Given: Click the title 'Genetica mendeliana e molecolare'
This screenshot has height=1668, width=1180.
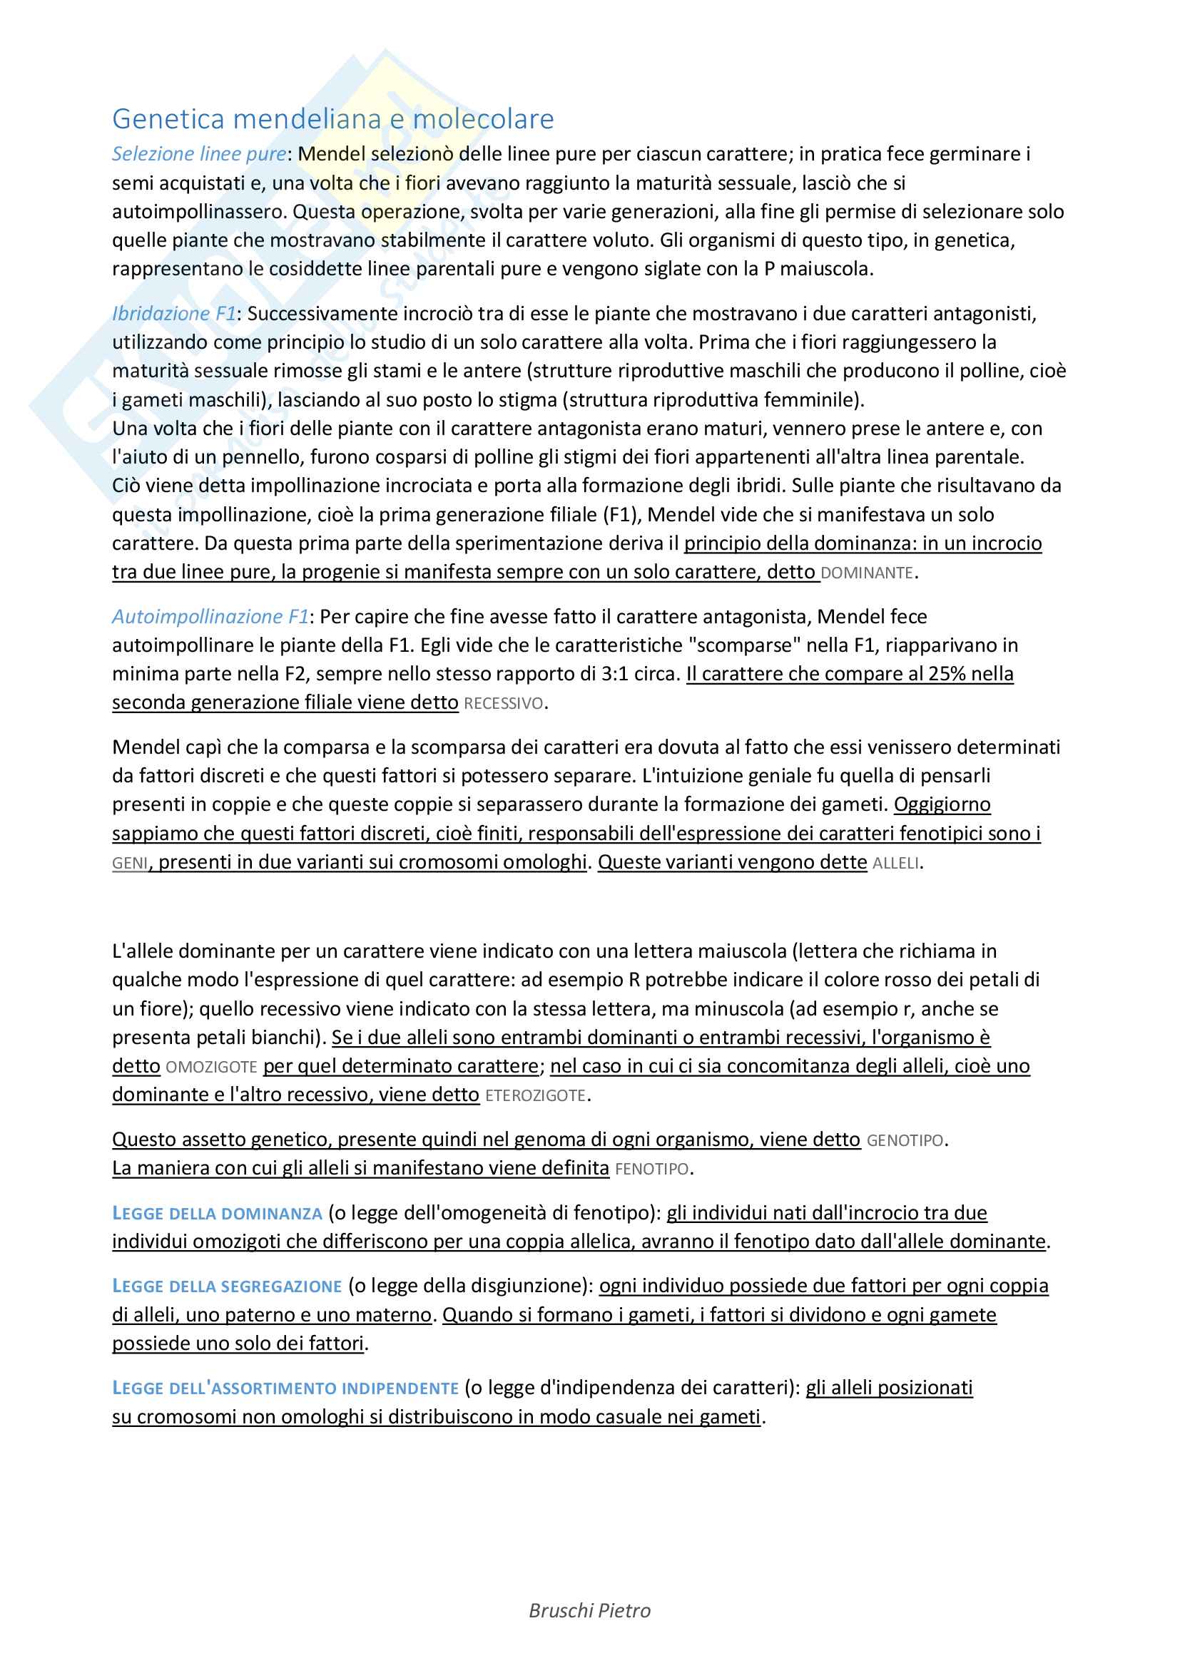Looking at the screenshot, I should point(332,118).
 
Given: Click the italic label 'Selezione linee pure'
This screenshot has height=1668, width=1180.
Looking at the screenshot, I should point(199,154).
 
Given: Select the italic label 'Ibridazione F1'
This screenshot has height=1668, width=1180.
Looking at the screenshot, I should point(173,313).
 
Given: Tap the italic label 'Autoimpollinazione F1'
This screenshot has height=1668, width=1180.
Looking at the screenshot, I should point(210,616).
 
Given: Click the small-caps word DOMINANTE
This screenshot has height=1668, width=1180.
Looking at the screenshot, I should point(866,573).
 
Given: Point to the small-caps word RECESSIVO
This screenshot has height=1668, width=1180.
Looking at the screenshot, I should point(503,703).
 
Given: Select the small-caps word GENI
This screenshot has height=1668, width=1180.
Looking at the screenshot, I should point(129,864).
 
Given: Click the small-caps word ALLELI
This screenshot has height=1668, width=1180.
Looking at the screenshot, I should point(896,864).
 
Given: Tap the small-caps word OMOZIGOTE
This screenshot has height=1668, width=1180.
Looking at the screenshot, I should point(211,1068).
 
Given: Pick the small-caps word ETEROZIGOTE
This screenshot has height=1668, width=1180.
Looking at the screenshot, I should point(535,1095).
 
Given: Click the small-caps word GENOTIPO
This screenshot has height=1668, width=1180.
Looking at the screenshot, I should point(905,1140).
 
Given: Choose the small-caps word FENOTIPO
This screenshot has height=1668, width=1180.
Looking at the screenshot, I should point(652,1169).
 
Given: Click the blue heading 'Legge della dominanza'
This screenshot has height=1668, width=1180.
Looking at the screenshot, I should point(218,1213).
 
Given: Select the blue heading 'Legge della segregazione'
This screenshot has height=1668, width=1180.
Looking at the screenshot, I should point(227,1286).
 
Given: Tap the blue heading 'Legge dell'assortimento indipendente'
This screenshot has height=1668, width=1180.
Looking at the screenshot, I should point(285,1388).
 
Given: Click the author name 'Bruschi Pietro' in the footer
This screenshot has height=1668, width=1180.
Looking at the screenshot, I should point(589,1631).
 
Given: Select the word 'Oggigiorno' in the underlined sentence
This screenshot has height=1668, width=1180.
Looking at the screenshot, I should point(942,804).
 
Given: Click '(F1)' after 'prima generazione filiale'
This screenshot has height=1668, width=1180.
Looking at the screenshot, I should point(621,515).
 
